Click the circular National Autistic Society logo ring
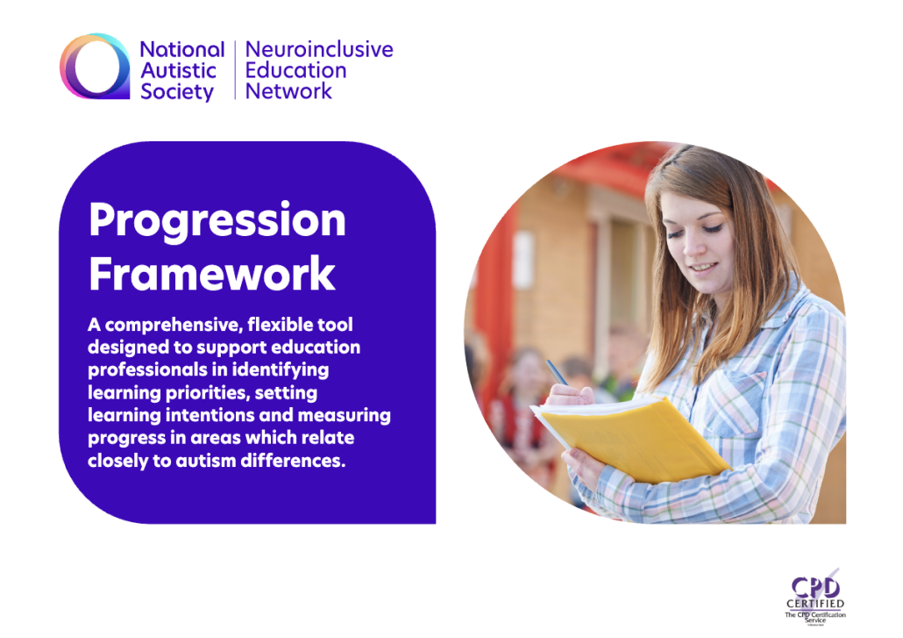pyautogui.click(x=96, y=66)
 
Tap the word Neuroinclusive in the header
pyautogui.click(x=319, y=49)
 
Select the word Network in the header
pyautogui.click(x=288, y=90)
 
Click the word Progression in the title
pyautogui.click(x=217, y=220)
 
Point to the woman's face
pyautogui.click(x=698, y=233)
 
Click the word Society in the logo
pyautogui.click(x=177, y=91)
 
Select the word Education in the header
pyautogui.click(x=295, y=70)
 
